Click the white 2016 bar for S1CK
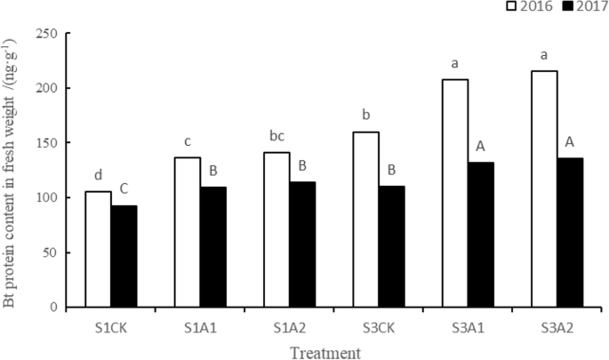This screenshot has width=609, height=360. tap(98, 250)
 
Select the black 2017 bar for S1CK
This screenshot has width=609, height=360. tap(124, 257)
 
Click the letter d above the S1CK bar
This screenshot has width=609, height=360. tap(99, 176)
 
